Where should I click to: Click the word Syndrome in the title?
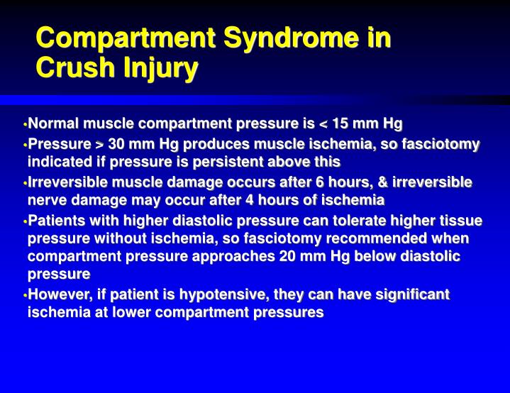pos(272,38)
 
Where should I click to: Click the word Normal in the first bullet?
pos(54,125)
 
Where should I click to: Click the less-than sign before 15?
pos(324,126)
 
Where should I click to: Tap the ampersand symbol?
pos(385,183)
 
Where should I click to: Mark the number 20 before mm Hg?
pos(288,256)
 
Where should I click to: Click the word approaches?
pos(239,256)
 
